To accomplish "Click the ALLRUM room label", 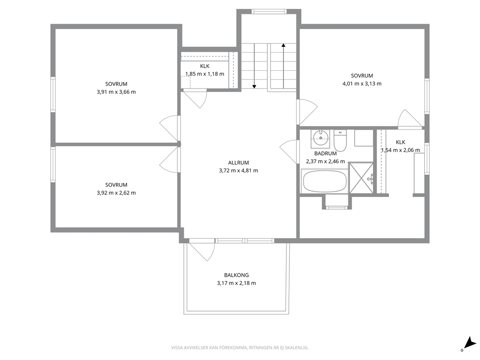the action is tap(239, 163).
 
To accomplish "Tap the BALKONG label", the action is tap(236, 275).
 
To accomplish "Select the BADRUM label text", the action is tap(326, 154).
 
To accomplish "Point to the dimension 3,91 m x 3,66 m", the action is tap(116, 92).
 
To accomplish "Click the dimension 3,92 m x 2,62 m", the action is tap(116, 193).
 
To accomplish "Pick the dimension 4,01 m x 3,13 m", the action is tap(362, 84).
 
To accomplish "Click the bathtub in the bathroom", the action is tap(325, 181).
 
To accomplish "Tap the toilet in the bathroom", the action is tap(340, 140).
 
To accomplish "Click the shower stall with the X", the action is tap(361, 178).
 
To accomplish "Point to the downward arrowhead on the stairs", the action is tap(254, 87).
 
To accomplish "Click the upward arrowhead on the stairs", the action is tap(284, 45).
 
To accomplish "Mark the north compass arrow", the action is tap(468, 342).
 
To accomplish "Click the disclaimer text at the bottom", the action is tap(240, 348).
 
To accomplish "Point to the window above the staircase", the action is tap(270, 12).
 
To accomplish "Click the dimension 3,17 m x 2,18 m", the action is tap(236, 283).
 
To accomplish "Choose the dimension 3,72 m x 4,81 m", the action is tap(239, 171).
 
